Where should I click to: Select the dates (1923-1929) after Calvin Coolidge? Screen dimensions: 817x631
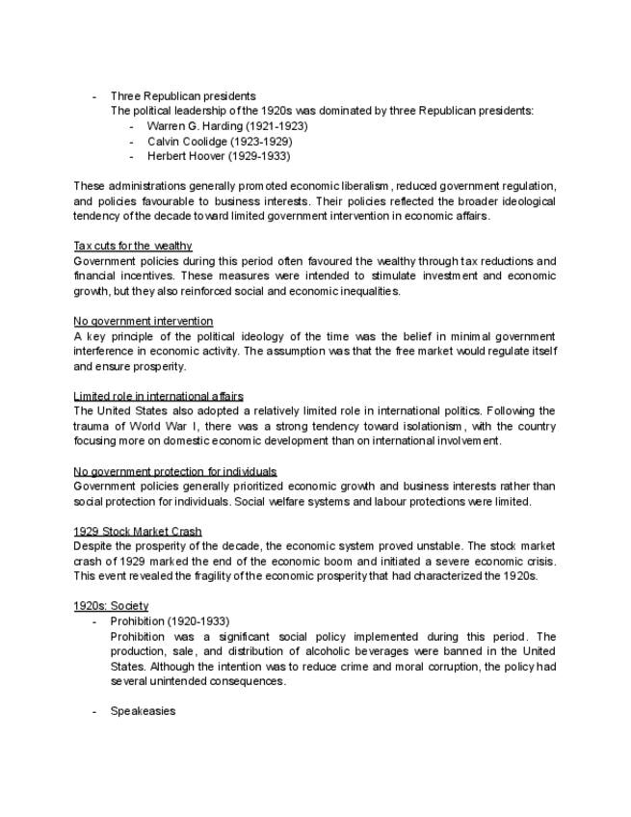coord(261,142)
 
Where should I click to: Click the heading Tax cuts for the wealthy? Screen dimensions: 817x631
coord(132,246)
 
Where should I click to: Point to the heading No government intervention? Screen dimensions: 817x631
coord(143,321)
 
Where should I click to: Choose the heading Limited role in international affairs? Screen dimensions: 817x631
coord(158,396)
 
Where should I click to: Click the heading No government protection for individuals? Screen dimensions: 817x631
coord(175,471)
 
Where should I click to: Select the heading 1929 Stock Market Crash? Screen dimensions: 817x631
coord(138,531)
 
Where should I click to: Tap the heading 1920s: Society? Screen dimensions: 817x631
coord(111,606)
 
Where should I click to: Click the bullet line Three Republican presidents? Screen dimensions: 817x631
coord(183,96)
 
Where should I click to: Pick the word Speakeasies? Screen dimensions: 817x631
coord(143,711)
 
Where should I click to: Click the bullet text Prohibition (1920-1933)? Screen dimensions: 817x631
coord(170,621)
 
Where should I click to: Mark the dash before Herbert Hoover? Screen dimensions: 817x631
coord(131,156)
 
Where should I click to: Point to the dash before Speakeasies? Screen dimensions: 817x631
coord(94,711)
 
